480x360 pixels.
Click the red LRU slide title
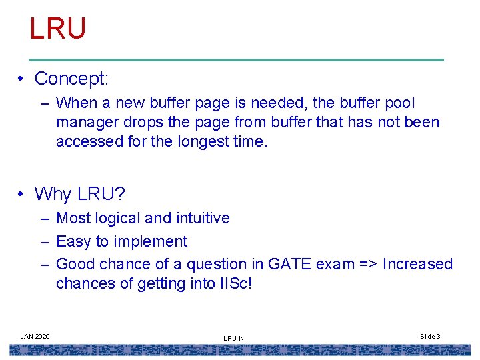(58, 29)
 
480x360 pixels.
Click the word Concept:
(71, 79)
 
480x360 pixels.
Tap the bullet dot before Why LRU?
(22, 194)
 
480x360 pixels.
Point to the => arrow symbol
(365, 264)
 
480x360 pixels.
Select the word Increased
(417, 264)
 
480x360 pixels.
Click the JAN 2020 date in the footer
(35, 336)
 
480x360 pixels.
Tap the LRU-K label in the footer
(233, 339)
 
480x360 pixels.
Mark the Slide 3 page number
(430, 336)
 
